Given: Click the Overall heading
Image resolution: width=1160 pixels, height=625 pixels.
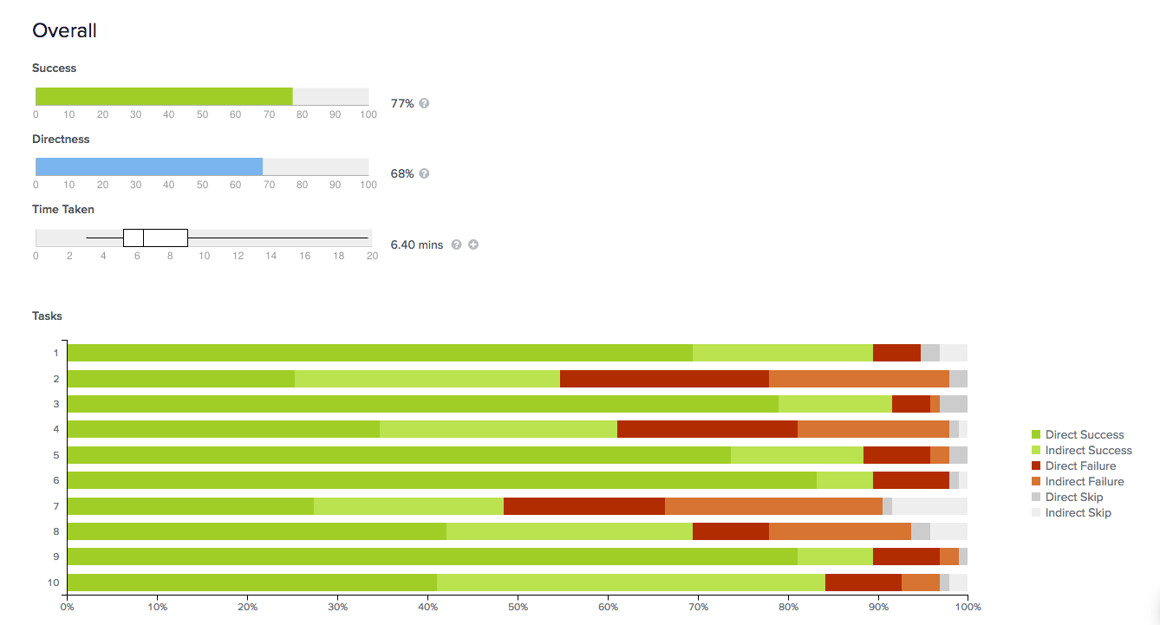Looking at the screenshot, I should (x=64, y=31).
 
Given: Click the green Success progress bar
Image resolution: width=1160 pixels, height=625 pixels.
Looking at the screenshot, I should (x=164, y=96).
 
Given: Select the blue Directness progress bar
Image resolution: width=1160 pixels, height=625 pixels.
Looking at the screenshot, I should (x=149, y=166).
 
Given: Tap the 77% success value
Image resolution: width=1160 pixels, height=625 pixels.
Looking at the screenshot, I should (x=402, y=103).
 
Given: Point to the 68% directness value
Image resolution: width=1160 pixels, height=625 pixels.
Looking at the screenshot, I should (x=402, y=173).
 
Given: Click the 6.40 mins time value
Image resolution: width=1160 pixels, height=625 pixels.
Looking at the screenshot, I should (x=417, y=245).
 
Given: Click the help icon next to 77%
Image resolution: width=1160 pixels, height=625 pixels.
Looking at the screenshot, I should (x=424, y=103).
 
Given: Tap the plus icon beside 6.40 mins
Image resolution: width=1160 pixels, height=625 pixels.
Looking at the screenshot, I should (x=473, y=244).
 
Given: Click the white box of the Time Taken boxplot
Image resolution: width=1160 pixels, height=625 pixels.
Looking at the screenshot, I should (x=155, y=238).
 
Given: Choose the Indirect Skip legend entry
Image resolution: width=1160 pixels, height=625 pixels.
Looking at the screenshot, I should (x=1078, y=513).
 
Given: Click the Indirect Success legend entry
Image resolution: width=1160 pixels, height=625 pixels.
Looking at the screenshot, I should (x=1088, y=451).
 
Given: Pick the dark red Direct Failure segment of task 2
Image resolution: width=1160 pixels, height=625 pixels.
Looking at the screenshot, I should (x=664, y=379).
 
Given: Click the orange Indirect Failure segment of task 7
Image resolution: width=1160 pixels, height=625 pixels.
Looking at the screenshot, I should (x=773, y=506).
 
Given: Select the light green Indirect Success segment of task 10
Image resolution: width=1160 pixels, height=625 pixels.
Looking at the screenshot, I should (x=630, y=583).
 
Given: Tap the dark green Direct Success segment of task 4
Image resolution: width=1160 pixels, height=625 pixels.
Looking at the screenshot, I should (x=223, y=429).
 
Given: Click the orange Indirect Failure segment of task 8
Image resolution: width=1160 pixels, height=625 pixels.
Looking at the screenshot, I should (x=839, y=531).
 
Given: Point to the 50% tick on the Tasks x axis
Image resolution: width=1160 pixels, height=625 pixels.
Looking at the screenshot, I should (x=518, y=606).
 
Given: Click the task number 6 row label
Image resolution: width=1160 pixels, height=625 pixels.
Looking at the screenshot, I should (x=55, y=480).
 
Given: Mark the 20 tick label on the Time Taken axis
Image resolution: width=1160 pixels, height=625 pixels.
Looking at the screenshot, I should (x=372, y=256).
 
